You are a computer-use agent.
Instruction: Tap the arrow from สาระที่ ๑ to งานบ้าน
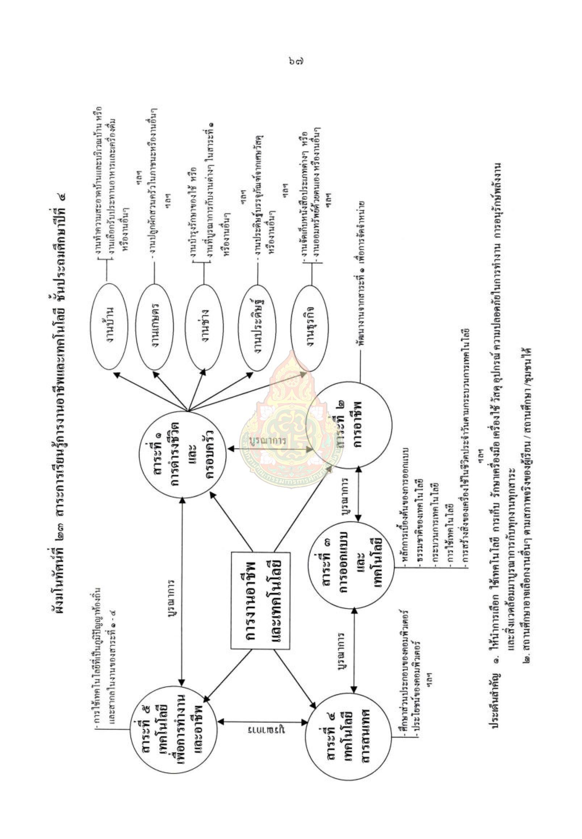coord(150,391)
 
